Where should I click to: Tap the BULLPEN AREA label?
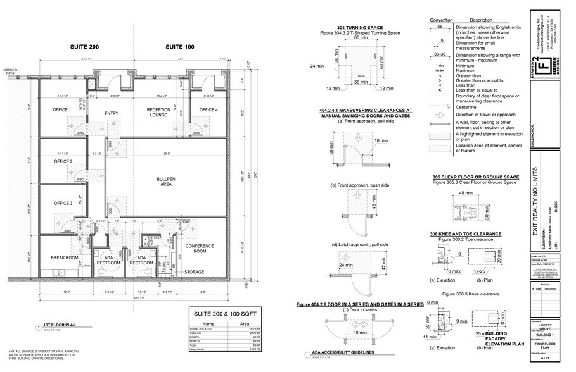(166, 182)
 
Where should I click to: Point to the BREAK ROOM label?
(63, 258)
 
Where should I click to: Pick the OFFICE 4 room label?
(208, 110)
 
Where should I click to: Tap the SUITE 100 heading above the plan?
(179, 47)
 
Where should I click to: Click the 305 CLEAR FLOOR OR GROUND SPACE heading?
(476, 177)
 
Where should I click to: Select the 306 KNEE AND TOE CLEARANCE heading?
(467, 233)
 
